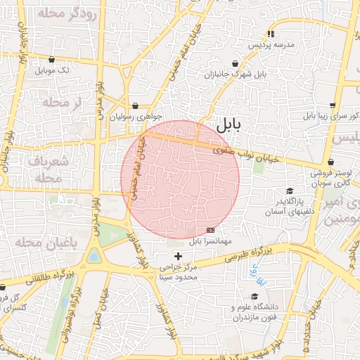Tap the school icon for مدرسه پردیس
pyautogui.click(x=271, y=34)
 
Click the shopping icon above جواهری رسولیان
pyautogui.click(x=135, y=106)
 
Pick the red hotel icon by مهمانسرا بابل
pyautogui.click(x=210, y=230)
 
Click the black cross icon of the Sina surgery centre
pyautogui.click(x=177, y=255)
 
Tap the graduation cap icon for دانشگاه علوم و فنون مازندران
pyautogui.click(x=254, y=296)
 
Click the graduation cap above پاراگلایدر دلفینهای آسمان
pyautogui.click(x=289, y=191)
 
